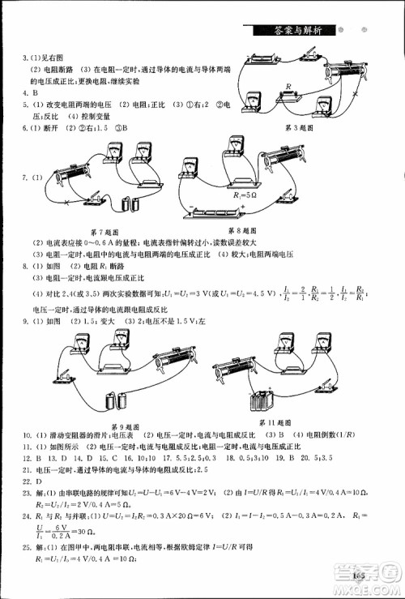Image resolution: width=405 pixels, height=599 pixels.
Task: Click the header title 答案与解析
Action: (300, 30)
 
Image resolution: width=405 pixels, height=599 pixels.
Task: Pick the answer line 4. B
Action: (28, 94)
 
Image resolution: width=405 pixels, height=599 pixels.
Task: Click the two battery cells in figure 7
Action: (127, 204)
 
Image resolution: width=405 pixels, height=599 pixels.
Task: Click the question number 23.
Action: (26, 491)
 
